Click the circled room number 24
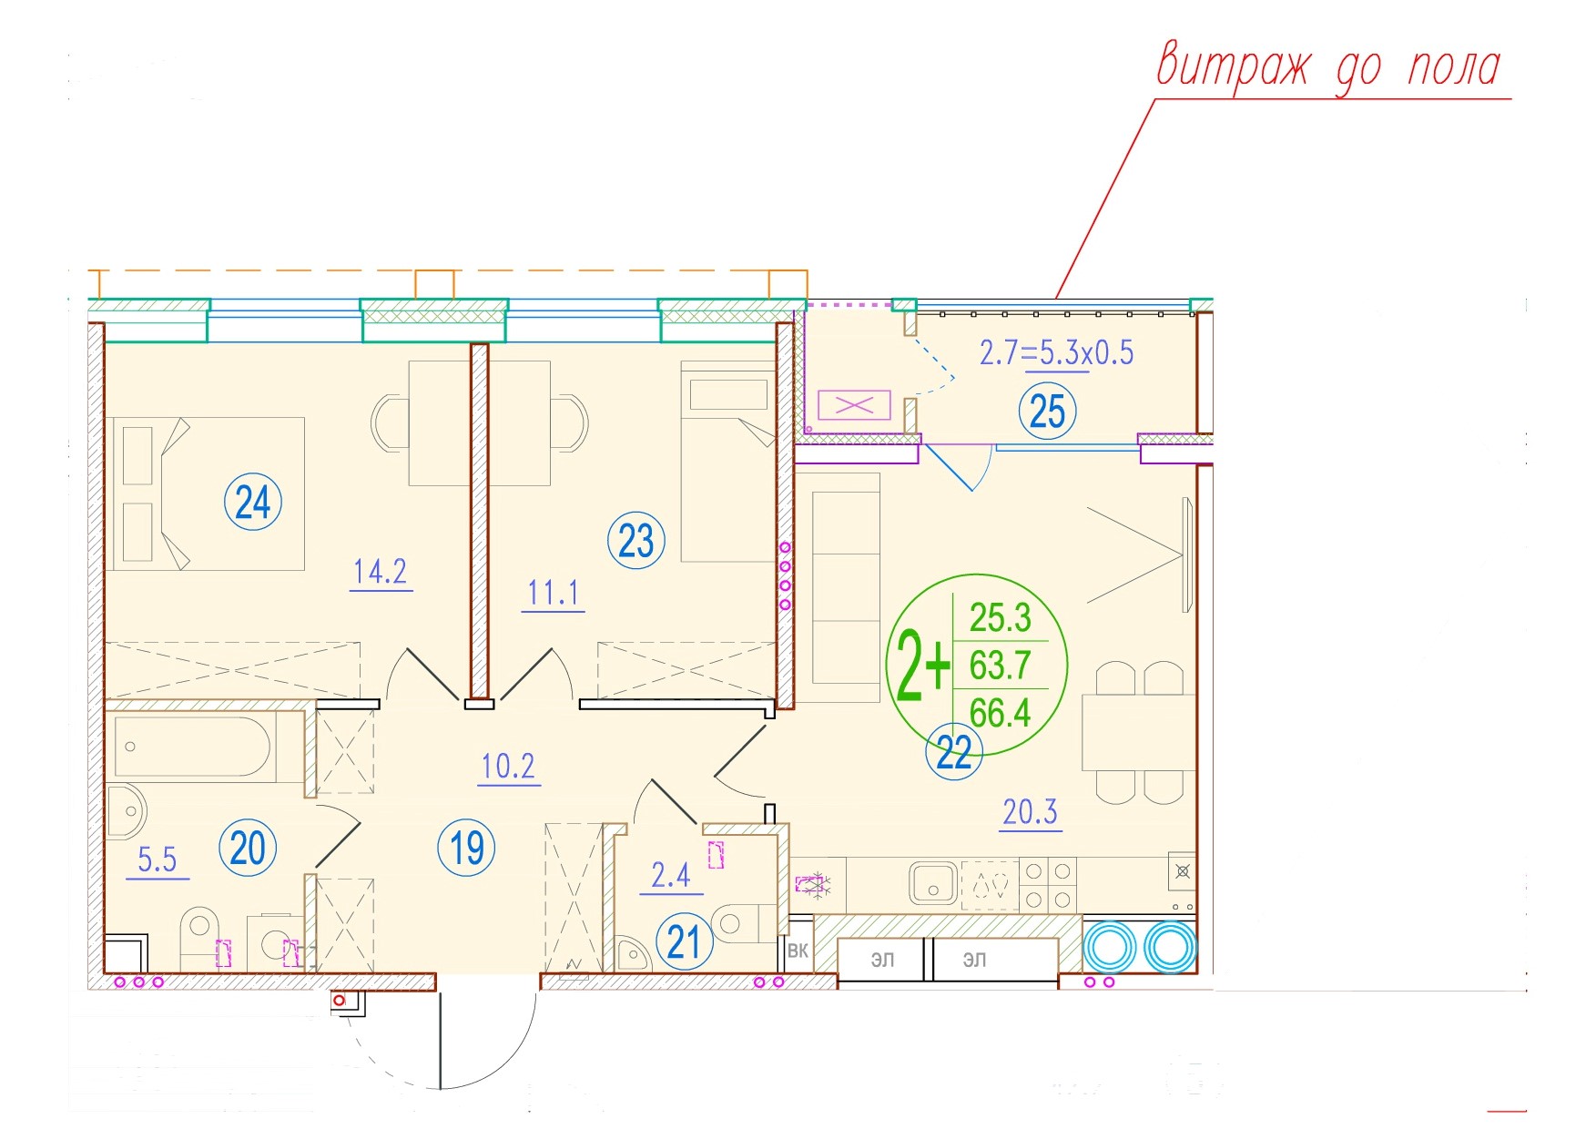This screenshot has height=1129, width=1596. click(252, 502)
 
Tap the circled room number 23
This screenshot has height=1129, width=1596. click(636, 541)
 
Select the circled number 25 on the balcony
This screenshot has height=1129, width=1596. click(1047, 412)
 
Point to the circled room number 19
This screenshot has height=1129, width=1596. click(467, 848)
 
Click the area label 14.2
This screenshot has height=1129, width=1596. click(381, 572)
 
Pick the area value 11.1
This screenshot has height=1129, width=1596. click(553, 594)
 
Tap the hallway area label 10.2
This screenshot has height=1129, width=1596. click(508, 767)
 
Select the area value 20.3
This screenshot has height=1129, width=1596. click(1031, 811)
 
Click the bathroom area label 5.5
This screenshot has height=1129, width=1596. click(157, 859)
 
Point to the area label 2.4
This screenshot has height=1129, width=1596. click(671, 875)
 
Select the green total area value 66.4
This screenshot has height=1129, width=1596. click(1000, 713)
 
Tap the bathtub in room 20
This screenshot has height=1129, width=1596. click(193, 747)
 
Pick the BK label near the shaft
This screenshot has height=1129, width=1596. click(798, 951)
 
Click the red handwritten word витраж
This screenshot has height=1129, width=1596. click(1234, 66)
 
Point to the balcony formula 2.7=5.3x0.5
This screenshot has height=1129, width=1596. click(1056, 352)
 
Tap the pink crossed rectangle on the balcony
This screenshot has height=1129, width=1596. click(854, 405)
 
